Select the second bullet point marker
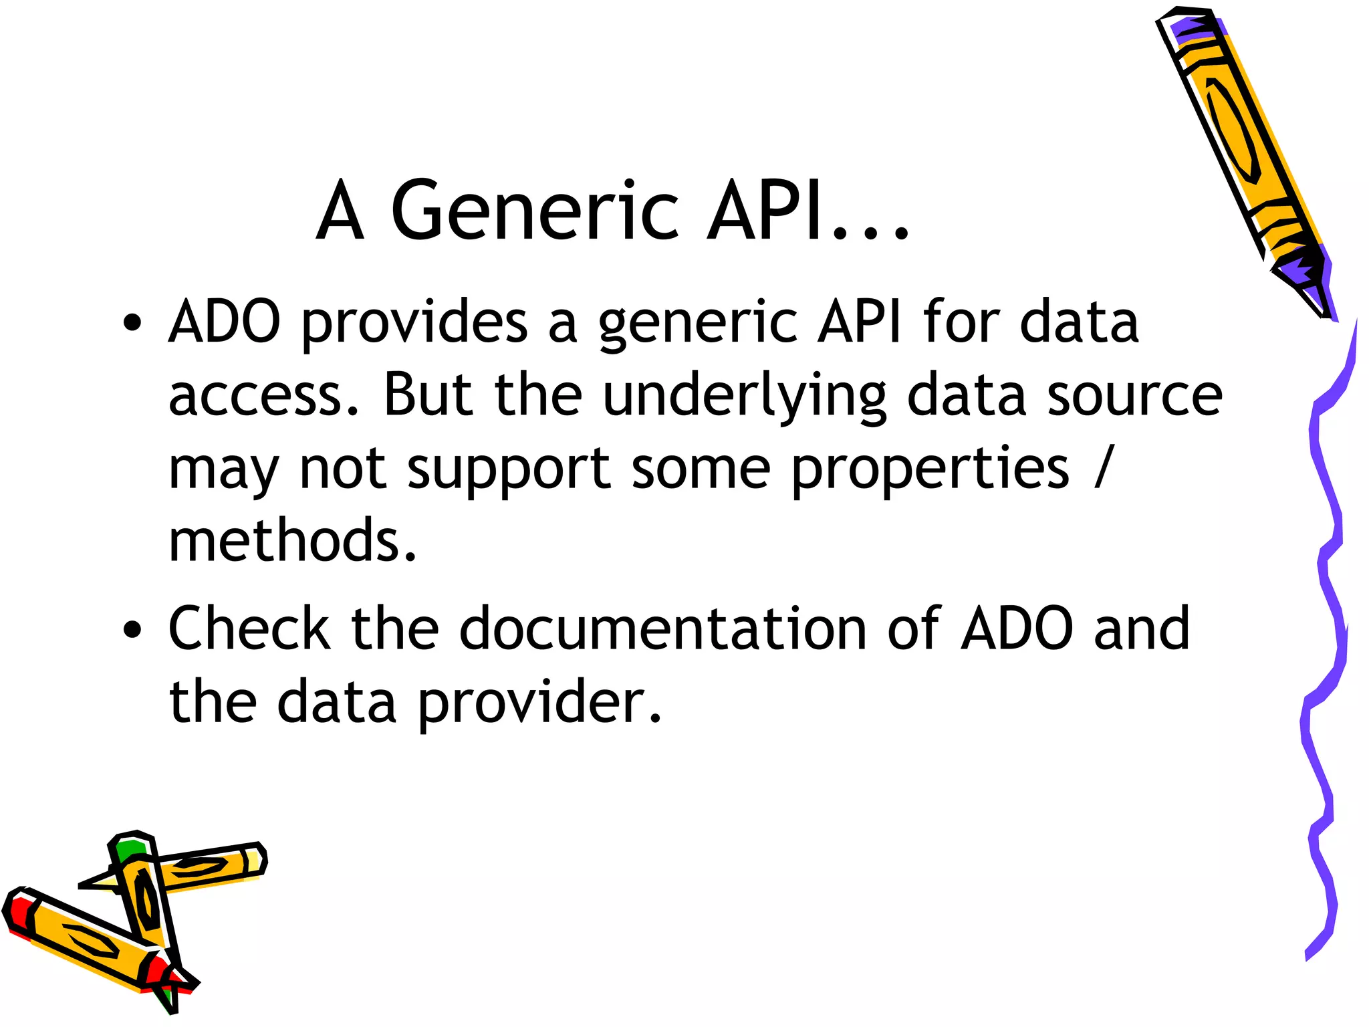[x=132, y=629]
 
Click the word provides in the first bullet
[x=414, y=324]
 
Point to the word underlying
[x=743, y=396]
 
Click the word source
[x=1134, y=396]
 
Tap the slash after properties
[x=1104, y=468]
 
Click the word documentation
[x=662, y=629]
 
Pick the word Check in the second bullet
[x=249, y=629]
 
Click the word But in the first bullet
[x=428, y=395]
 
